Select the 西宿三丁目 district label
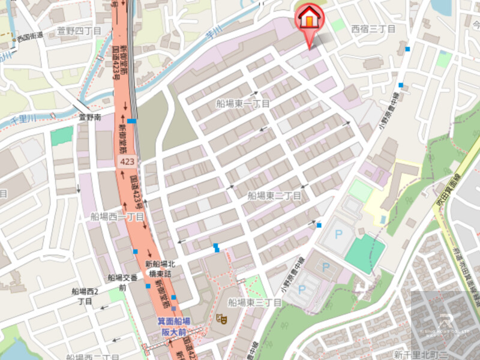373,29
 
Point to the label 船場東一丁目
243,104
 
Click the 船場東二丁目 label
274,196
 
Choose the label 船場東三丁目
254,302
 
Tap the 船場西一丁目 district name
118,216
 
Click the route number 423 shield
127,163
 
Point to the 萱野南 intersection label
89,118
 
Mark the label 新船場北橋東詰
159,268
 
